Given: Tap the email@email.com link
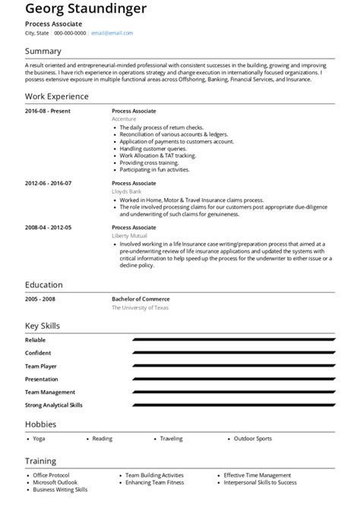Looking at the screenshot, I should pyautogui.click(x=112, y=33).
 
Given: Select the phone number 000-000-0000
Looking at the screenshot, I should pyautogui.click(x=70, y=33).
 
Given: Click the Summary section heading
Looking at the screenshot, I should pyautogui.click(x=43, y=52).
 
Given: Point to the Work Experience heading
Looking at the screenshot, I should pyautogui.click(x=57, y=96).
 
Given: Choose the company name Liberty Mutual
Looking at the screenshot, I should pyautogui.click(x=129, y=236).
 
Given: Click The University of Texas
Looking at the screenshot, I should pyautogui.click(x=140, y=307).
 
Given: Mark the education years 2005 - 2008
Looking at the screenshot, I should pyautogui.click(x=40, y=299).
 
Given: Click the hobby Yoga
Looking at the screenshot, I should pyautogui.click(x=39, y=439).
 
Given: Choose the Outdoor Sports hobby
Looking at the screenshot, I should pyautogui.click(x=253, y=439).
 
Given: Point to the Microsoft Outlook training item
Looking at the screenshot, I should pyautogui.click(x=55, y=483).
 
